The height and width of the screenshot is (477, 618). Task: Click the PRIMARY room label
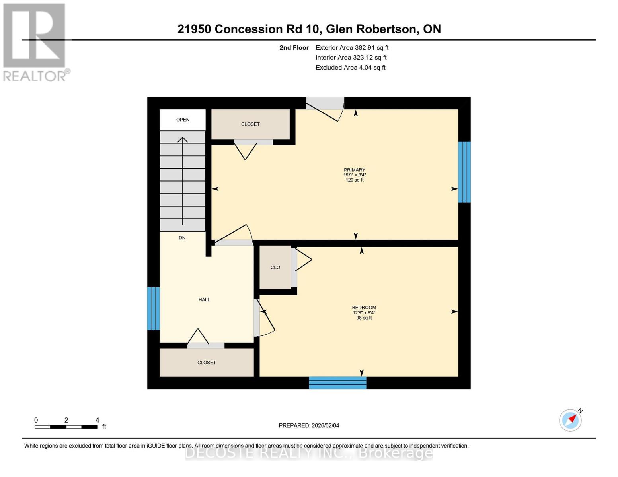pyautogui.click(x=354, y=170)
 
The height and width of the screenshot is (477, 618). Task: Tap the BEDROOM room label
pyautogui.click(x=364, y=307)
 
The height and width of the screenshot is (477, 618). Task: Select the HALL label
pyautogui.click(x=204, y=299)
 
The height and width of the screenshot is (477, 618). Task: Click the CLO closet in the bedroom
pyautogui.click(x=275, y=268)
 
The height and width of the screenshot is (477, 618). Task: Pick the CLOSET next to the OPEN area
pyautogui.click(x=250, y=124)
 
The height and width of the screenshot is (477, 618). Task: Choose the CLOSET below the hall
pyautogui.click(x=207, y=363)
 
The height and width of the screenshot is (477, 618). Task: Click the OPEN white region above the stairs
pyautogui.click(x=183, y=120)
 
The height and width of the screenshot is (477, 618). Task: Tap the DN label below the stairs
pyautogui.click(x=182, y=238)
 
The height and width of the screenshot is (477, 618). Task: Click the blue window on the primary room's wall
pyautogui.click(x=464, y=172)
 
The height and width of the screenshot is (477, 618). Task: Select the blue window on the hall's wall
pyautogui.click(x=153, y=308)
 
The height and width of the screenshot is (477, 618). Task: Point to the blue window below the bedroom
pyautogui.click(x=337, y=383)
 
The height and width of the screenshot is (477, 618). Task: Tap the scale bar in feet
pyautogui.click(x=66, y=427)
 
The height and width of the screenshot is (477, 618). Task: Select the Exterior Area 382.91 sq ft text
pyautogui.click(x=352, y=48)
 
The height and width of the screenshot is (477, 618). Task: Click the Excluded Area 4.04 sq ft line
pyautogui.click(x=350, y=68)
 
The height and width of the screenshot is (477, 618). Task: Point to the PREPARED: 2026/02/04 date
pyautogui.click(x=309, y=425)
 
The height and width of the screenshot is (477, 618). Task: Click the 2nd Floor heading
pyautogui.click(x=294, y=48)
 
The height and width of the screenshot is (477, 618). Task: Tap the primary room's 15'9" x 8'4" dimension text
pyautogui.click(x=354, y=175)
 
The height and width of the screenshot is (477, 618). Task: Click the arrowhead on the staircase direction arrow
pyautogui.click(x=183, y=139)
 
